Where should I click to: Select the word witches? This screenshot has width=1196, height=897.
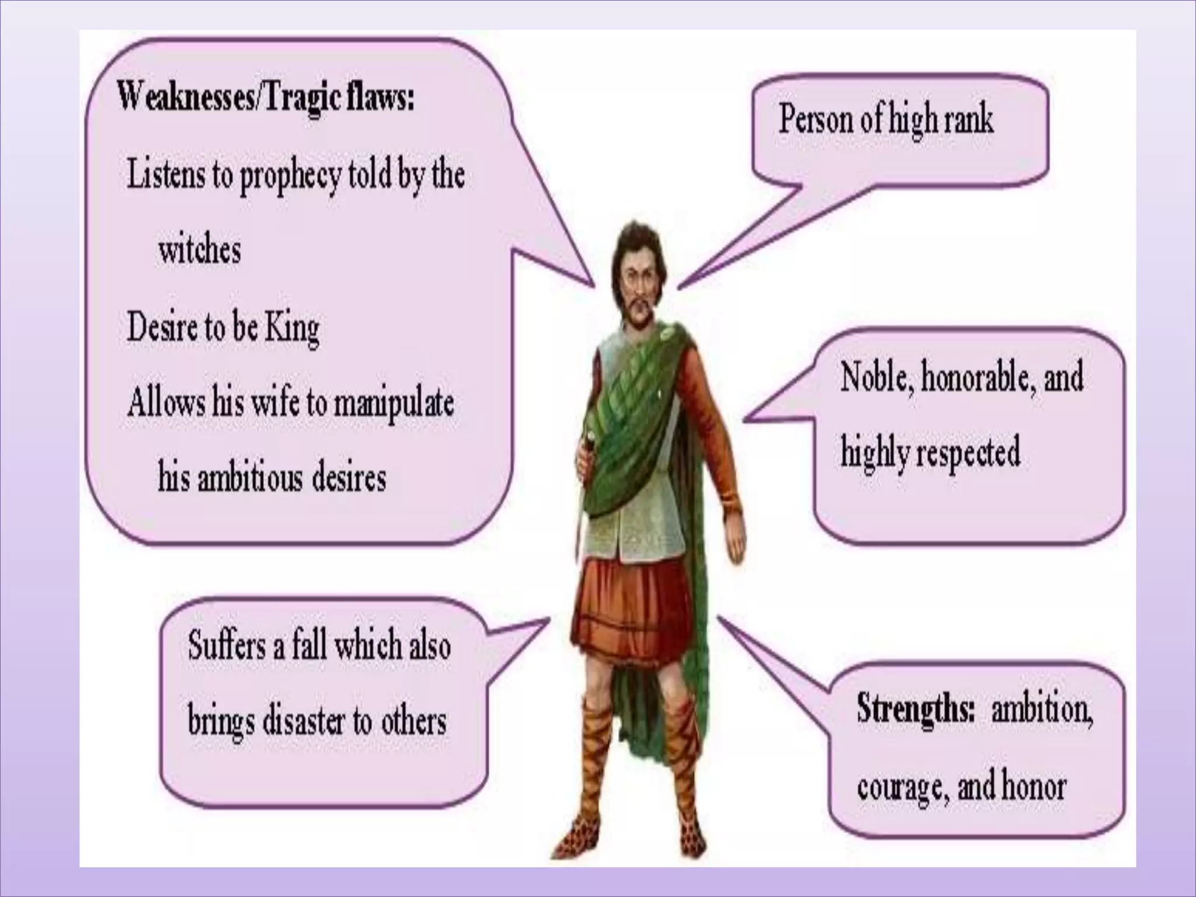point(200,251)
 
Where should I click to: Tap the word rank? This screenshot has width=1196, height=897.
point(967,120)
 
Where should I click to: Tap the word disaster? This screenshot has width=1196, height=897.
point(303,722)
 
